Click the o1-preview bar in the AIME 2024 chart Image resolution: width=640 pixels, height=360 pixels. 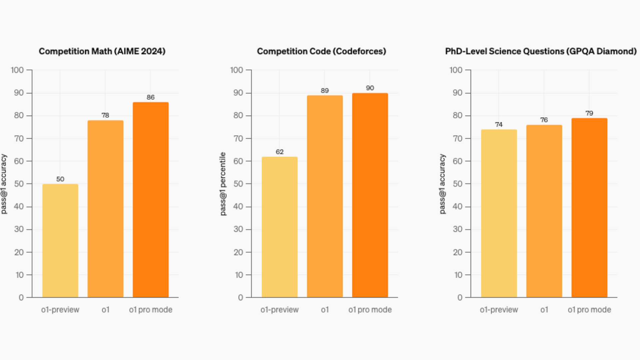[x=60, y=240]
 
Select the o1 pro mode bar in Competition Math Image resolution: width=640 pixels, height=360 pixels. [x=151, y=200]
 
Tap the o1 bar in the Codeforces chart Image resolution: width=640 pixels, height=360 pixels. [x=325, y=196]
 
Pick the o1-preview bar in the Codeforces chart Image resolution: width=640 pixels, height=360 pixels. [x=279, y=227]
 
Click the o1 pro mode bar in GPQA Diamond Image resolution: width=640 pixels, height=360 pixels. [x=589, y=208]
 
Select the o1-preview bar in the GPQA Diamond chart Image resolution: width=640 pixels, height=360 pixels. [x=499, y=213]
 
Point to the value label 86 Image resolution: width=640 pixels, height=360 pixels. [x=151, y=97]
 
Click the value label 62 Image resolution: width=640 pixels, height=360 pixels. [x=279, y=152]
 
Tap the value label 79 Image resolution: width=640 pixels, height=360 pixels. [x=589, y=113]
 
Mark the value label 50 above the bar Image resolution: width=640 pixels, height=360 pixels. [x=60, y=179]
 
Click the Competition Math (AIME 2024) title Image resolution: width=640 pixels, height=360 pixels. [x=102, y=51]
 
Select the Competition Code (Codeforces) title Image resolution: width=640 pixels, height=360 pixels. [x=321, y=51]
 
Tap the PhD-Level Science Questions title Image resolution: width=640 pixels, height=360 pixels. [x=541, y=51]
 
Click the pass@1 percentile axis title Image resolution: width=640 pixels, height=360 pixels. [x=223, y=184]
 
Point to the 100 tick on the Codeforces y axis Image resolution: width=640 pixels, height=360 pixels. [x=236, y=70]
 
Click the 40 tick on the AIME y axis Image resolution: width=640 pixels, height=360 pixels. [x=19, y=207]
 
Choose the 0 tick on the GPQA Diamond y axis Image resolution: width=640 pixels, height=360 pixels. [x=460, y=297]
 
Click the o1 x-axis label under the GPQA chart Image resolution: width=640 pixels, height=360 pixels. [x=544, y=310]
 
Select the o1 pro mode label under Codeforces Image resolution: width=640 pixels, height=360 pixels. [x=370, y=310]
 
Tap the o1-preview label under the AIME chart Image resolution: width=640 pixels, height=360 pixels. [x=60, y=310]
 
